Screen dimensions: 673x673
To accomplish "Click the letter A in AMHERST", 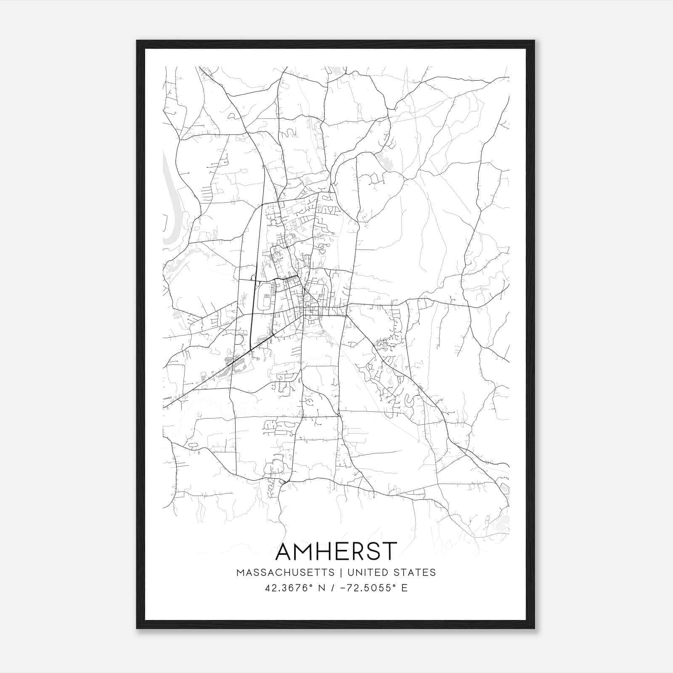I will click(x=286, y=551).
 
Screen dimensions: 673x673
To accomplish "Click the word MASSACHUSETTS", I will click(x=286, y=572).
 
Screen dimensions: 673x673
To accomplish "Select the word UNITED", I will click(x=366, y=572).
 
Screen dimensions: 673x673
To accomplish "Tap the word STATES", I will click(x=415, y=572).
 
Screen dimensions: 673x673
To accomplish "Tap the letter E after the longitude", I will click(x=404, y=588).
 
